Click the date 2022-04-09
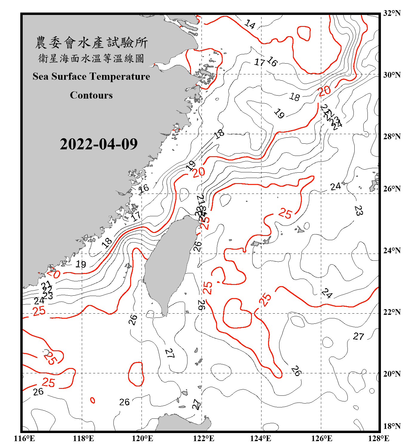(x=99, y=144)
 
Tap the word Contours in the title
(x=91, y=95)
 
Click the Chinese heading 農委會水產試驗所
(x=91, y=43)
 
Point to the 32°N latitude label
(x=392, y=13)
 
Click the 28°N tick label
(x=392, y=136)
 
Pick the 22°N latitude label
(x=392, y=312)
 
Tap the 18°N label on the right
(x=392, y=426)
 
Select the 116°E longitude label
(x=24, y=438)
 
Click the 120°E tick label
(x=142, y=438)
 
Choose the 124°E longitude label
(x=261, y=438)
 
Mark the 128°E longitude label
(x=379, y=438)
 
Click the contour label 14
(x=250, y=24)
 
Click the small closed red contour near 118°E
(x=93, y=400)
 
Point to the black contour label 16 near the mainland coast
(x=144, y=188)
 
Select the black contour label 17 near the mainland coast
(x=136, y=216)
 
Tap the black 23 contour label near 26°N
(x=359, y=211)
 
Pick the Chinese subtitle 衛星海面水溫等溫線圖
(x=91, y=59)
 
